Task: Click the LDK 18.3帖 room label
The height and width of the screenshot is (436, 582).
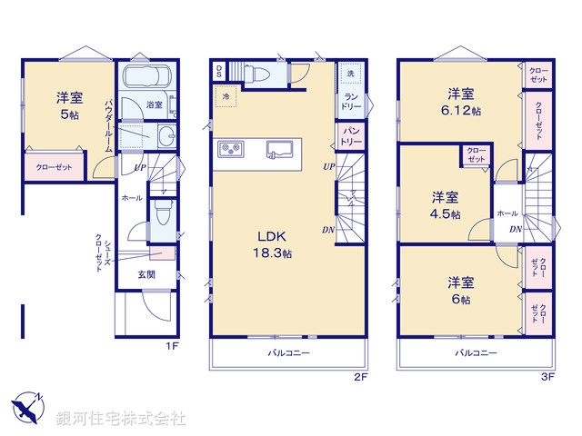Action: coord(272,243)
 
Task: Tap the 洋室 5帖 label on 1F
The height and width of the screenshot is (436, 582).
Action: coord(69,106)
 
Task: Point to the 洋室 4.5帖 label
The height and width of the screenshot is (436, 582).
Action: coord(445,205)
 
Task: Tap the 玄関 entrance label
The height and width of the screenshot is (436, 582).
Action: coord(147,273)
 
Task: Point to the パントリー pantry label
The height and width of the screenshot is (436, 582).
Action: coord(350,137)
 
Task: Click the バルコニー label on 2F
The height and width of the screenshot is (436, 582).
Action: coord(288,352)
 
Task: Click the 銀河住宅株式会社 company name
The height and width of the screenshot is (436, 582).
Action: coord(121,419)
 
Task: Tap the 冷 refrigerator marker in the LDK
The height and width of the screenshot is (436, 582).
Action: coord(225,95)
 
